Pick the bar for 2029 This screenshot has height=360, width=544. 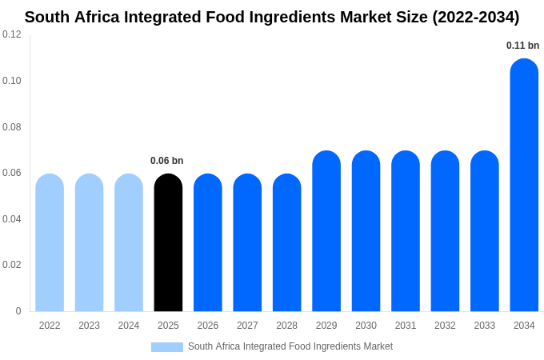[x=326, y=231]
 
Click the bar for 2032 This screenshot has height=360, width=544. [x=445, y=231]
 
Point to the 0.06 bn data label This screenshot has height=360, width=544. [x=167, y=161]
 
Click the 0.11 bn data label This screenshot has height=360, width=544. [x=522, y=46]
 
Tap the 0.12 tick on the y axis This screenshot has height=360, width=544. [x=12, y=34]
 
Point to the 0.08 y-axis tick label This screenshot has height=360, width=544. [x=12, y=127]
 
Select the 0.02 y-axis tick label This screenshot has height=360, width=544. [x=12, y=265]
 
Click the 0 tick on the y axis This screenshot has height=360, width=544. [x=18, y=311]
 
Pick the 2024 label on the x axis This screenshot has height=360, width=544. [x=129, y=326]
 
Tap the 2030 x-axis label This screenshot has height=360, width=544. [x=366, y=326]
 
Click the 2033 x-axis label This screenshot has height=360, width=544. [x=484, y=326]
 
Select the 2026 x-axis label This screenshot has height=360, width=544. [x=208, y=326]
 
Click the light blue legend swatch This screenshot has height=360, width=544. [x=167, y=347]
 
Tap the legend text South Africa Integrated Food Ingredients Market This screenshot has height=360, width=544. [x=290, y=346]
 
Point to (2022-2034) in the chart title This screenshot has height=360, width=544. [x=475, y=17]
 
